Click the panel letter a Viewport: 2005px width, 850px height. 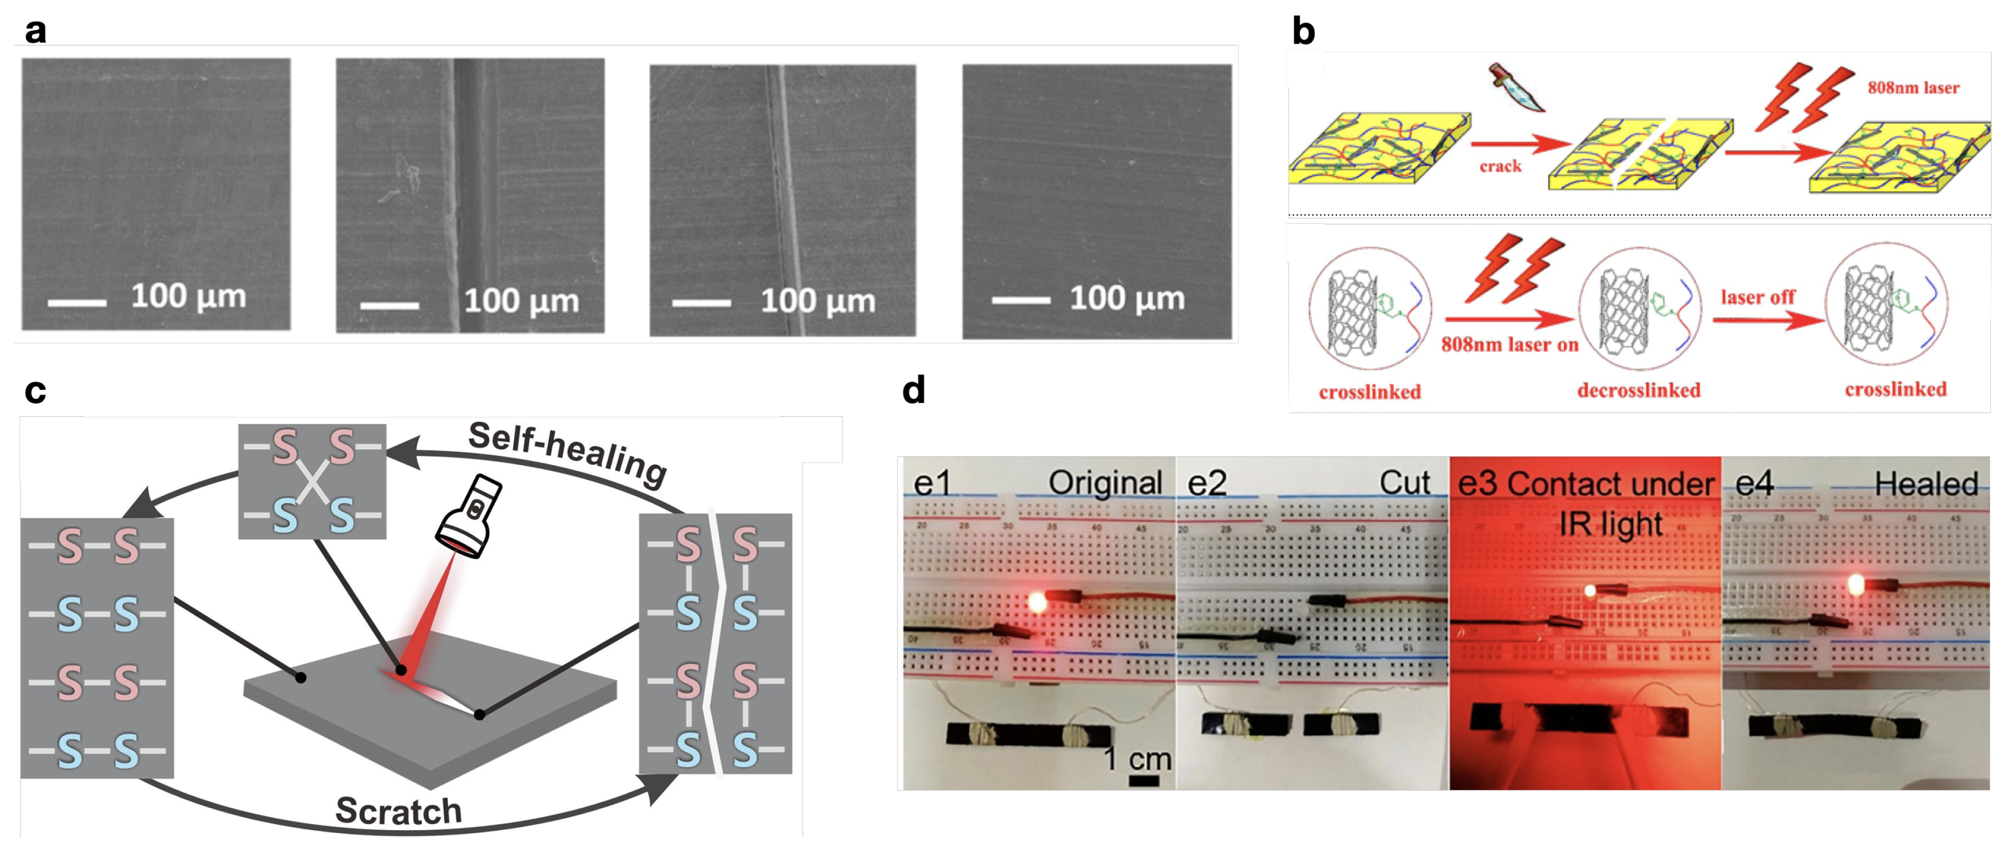pos(35,31)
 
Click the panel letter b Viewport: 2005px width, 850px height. pos(1303,31)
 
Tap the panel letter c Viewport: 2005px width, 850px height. pos(35,391)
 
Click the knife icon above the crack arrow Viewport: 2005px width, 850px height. pos(1515,87)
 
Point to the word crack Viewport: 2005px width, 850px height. pos(1500,166)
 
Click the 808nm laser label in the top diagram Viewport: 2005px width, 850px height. pos(1913,87)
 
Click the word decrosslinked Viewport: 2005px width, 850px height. pos(1639,390)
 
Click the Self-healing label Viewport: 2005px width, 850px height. pos(566,453)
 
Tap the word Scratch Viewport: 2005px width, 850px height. pos(398,811)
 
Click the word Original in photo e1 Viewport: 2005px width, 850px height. pos(1105,483)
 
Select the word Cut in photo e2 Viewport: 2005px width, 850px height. pos(1404,483)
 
